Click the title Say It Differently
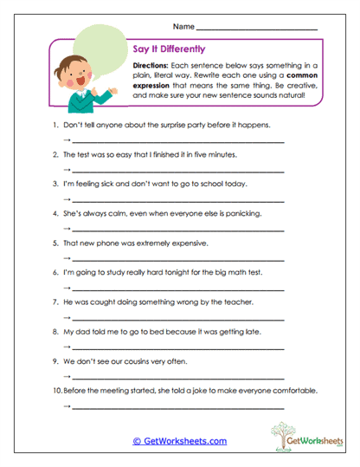(168, 49)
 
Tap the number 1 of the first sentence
(55, 124)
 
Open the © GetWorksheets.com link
(179, 441)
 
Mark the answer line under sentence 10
(177, 406)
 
